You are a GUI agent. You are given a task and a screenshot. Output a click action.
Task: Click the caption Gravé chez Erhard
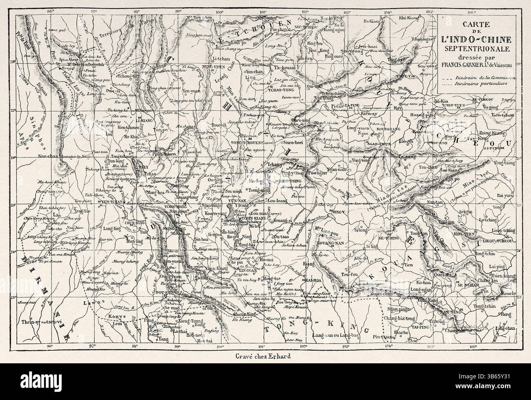click(254, 354)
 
